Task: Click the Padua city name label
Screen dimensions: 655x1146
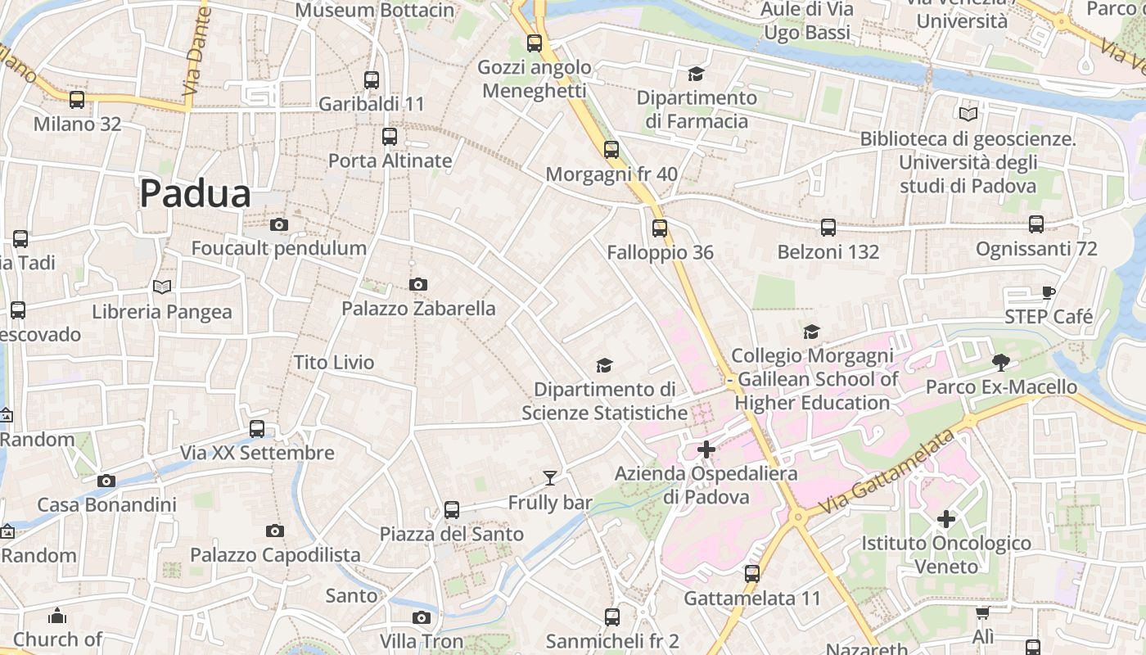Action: click(x=195, y=194)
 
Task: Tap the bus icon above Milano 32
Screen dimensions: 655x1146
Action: click(x=77, y=100)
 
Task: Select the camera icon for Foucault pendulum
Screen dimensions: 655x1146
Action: click(x=279, y=224)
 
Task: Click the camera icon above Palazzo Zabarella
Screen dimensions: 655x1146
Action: click(x=418, y=284)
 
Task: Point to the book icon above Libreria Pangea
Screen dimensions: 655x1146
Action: click(x=162, y=287)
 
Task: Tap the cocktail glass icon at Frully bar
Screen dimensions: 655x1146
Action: click(x=549, y=477)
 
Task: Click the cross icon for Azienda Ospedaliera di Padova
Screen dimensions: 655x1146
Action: click(x=706, y=449)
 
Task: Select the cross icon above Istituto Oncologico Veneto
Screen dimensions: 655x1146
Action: click(x=946, y=518)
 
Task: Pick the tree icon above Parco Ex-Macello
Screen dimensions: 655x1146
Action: click(x=1000, y=362)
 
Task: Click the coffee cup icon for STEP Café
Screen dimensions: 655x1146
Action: click(x=1049, y=292)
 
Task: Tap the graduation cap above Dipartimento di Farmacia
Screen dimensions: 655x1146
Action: click(x=696, y=74)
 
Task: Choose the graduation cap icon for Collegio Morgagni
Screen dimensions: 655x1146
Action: click(x=811, y=332)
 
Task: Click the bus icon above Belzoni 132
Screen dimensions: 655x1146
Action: click(x=828, y=227)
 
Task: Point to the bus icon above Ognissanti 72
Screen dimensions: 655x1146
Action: click(x=1036, y=224)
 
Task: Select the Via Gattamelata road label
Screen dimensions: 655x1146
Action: click(x=886, y=474)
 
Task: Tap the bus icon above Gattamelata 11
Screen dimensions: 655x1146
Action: click(x=752, y=574)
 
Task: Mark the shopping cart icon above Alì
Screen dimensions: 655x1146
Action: click(x=983, y=612)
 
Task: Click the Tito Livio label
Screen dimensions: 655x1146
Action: click(x=334, y=362)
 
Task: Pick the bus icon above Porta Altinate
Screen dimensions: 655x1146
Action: click(x=390, y=136)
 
